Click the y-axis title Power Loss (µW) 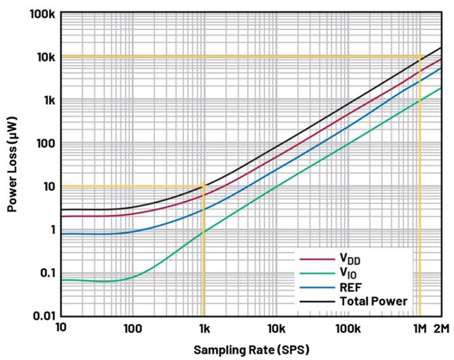click(12, 165)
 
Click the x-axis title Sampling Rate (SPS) click(251, 349)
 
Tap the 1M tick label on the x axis click(419, 329)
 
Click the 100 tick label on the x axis click(132, 329)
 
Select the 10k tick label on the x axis click(275, 329)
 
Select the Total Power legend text click(373, 301)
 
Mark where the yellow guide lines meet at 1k click(203, 186)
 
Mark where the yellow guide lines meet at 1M click(419, 56)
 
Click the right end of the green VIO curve click(441, 87)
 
